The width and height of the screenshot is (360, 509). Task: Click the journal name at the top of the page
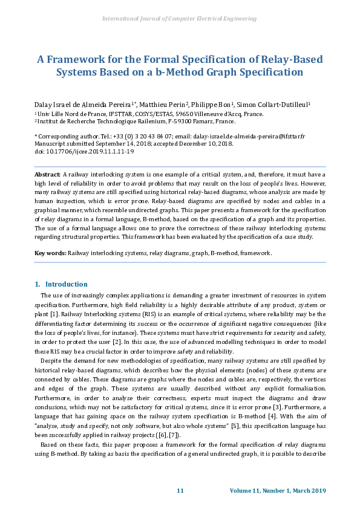180,19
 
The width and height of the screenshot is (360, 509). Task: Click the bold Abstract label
48,174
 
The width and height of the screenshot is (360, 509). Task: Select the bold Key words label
50,253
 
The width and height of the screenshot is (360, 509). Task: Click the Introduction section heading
66,284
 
